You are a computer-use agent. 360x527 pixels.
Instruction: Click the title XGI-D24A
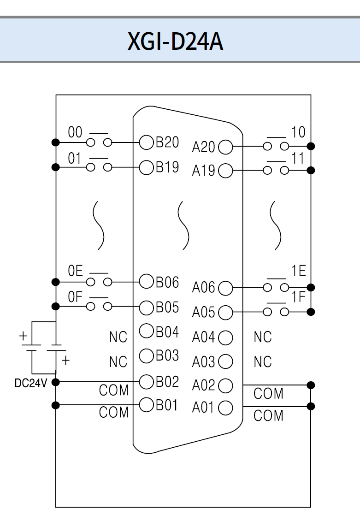click(x=176, y=41)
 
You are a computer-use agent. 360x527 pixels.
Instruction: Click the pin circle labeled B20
click(x=146, y=143)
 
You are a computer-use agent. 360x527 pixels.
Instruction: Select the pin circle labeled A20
click(x=225, y=148)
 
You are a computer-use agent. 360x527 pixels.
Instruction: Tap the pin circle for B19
click(x=146, y=166)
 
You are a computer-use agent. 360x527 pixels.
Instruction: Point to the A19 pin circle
click(x=225, y=171)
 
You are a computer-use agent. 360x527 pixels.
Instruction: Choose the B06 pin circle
click(x=146, y=282)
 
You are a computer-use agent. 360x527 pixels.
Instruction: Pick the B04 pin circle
click(x=146, y=331)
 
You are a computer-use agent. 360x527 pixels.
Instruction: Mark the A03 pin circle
click(x=225, y=361)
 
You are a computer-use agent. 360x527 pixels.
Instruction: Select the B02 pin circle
click(x=146, y=381)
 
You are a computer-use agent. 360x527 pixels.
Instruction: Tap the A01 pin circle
click(x=225, y=408)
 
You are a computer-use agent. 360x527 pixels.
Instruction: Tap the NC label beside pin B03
click(x=118, y=362)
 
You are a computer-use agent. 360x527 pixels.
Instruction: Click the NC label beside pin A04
click(x=263, y=338)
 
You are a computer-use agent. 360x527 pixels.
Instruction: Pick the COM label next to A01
click(x=268, y=415)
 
